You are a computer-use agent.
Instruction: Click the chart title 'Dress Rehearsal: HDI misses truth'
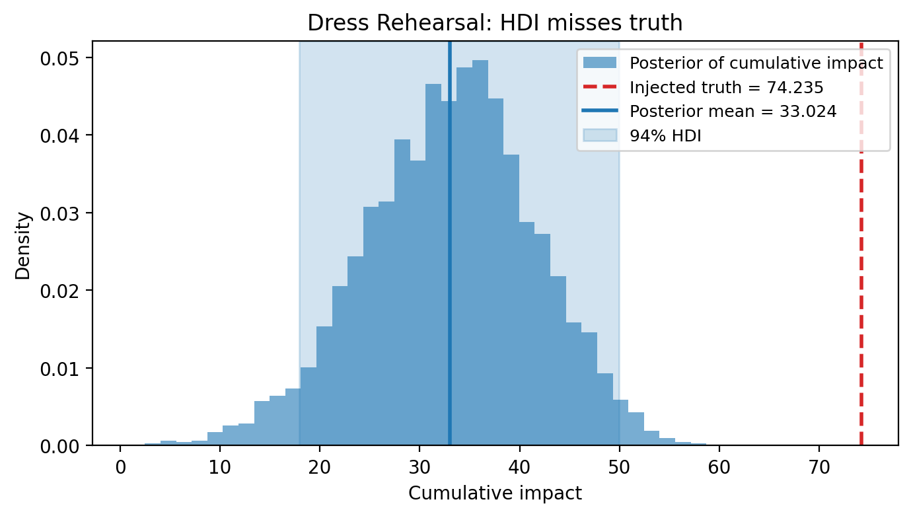[495, 23]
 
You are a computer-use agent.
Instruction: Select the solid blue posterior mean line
[449, 264]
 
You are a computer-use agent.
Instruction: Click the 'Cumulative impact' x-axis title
[495, 494]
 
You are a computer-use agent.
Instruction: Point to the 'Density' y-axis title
[24, 245]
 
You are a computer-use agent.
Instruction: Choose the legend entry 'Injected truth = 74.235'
[726, 88]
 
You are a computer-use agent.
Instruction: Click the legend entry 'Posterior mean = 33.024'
[733, 112]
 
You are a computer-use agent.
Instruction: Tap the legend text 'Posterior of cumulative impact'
[756, 63]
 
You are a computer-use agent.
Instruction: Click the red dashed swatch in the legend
[600, 87]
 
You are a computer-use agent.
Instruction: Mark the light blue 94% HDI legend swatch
[600, 135]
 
